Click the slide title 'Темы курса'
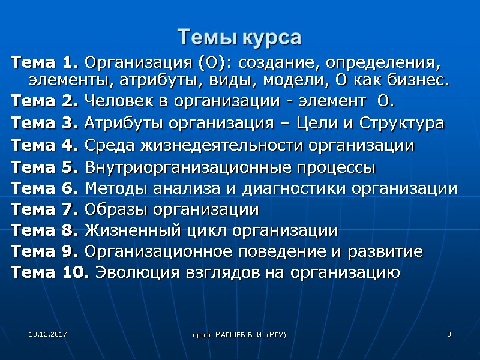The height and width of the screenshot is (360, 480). click(x=239, y=38)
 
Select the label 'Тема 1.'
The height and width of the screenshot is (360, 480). click(x=44, y=62)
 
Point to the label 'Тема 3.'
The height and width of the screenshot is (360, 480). click(x=44, y=124)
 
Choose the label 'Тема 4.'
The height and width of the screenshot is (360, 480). click(x=44, y=145)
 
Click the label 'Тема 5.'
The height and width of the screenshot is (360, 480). click(x=44, y=167)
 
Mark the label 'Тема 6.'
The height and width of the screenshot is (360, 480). click(x=44, y=189)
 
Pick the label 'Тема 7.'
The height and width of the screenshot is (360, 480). click(x=44, y=210)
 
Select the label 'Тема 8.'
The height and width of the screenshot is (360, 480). click(x=44, y=230)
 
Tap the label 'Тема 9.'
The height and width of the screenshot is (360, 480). click(x=44, y=251)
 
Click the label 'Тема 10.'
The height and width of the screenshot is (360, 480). click(x=50, y=273)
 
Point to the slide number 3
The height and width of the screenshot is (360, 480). click(x=448, y=333)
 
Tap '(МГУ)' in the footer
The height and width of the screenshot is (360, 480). click(x=274, y=334)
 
